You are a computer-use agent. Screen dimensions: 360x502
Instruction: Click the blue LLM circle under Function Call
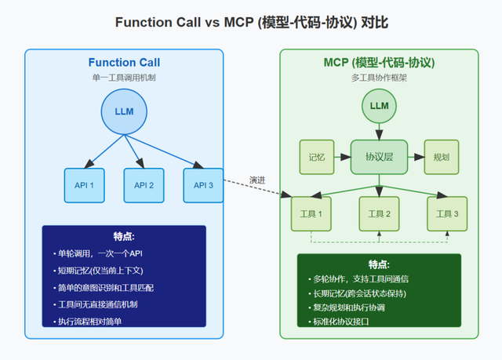point(124,111)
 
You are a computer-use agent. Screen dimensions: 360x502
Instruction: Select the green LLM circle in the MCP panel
point(380,106)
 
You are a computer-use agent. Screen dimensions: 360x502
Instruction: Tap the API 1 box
point(85,185)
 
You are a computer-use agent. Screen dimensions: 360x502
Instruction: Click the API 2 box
point(144,185)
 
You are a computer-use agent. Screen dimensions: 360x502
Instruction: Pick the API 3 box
point(203,185)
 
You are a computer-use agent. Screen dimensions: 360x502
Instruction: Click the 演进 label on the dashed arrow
point(257,180)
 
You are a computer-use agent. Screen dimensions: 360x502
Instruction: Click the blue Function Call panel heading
point(124,63)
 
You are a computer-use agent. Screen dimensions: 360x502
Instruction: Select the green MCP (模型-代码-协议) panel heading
point(380,63)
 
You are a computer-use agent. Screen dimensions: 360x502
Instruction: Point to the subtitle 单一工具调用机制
point(124,77)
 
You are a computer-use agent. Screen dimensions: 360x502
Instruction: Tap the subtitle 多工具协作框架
point(380,77)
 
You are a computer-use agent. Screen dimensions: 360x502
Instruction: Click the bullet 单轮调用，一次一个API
point(97,253)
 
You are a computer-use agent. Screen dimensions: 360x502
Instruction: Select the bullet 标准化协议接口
point(340,322)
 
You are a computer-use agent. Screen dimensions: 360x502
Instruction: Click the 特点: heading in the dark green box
point(380,264)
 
